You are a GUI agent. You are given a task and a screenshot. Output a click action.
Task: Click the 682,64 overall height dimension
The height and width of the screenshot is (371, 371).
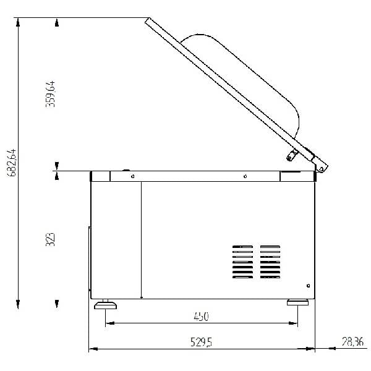tap(12, 163)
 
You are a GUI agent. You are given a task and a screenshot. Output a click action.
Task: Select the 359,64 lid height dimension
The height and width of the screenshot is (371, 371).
tap(50, 94)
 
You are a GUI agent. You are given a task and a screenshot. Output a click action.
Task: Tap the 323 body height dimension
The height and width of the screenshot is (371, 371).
tap(50, 239)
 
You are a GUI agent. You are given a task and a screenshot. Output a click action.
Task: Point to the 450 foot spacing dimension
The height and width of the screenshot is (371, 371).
tap(201, 317)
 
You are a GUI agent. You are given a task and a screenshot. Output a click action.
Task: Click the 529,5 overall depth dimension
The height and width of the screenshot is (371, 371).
tap(201, 342)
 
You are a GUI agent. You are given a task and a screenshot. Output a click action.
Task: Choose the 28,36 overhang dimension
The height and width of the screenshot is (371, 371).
tap(352, 342)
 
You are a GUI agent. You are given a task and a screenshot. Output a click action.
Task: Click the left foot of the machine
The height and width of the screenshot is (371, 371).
tap(105, 304)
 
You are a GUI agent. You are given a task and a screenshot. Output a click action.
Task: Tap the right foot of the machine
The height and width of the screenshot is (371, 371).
tap(297, 302)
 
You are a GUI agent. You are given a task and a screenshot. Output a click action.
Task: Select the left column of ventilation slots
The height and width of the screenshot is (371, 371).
tap(242, 262)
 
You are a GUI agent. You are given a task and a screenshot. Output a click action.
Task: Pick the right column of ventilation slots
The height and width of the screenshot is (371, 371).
tap(270, 262)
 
